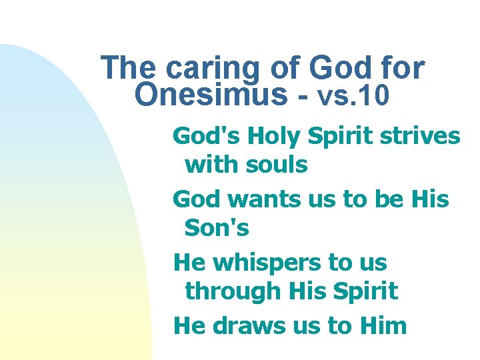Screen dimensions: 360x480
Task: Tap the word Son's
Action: (x=217, y=229)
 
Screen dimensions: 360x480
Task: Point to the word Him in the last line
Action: (x=382, y=325)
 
